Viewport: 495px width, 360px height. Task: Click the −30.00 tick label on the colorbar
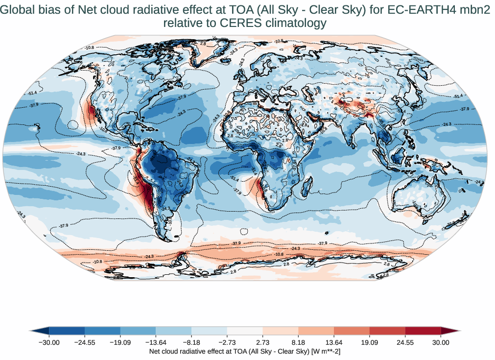49,343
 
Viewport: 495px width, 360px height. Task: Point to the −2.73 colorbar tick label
227,343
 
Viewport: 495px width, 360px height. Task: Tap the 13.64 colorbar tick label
334,343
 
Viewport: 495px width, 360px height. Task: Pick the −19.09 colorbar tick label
120,343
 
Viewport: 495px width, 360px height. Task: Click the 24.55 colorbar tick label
405,343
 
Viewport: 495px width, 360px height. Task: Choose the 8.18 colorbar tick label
298,343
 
